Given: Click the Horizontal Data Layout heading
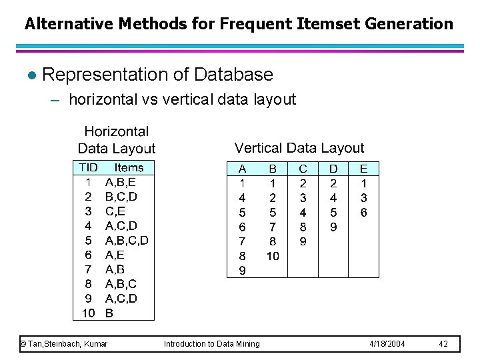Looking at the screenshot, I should pyautogui.click(x=117, y=140).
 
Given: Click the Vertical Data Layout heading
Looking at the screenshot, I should pyautogui.click(x=299, y=148).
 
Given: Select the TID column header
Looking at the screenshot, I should pyautogui.click(x=88, y=168).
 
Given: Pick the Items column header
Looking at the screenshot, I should pyautogui.click(x=129, y=168).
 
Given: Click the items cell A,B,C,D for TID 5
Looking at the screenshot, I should pyautogui.click(x=127, y=240).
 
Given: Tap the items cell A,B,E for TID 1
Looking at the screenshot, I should pyautogui.click(x=120, y=182).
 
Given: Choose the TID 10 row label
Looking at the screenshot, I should pyautogui.click(x=87, y=313).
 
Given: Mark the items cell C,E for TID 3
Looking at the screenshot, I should pyautogui.click(x=115, y=211).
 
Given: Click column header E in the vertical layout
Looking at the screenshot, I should pyautogui.click(x=363, y=169).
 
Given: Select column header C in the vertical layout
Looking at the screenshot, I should pyautogui.click(x=303, y=169).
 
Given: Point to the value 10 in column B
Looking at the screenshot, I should pyautogui.click(x=272, y=256).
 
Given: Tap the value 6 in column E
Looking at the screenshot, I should pyautogui.click(x=363, y=213).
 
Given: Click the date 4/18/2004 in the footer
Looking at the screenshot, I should pyautogui.click(x=387, y=344).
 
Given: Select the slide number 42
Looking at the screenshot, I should pyautogui.click(x=443, y=344).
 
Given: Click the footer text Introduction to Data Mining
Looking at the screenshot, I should pyautogui.click(x=212, y=344).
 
